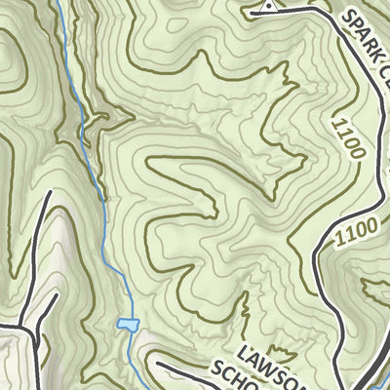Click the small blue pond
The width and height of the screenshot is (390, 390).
[x=126, y=324]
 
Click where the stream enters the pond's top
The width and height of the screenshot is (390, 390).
[x=124, y=318]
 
